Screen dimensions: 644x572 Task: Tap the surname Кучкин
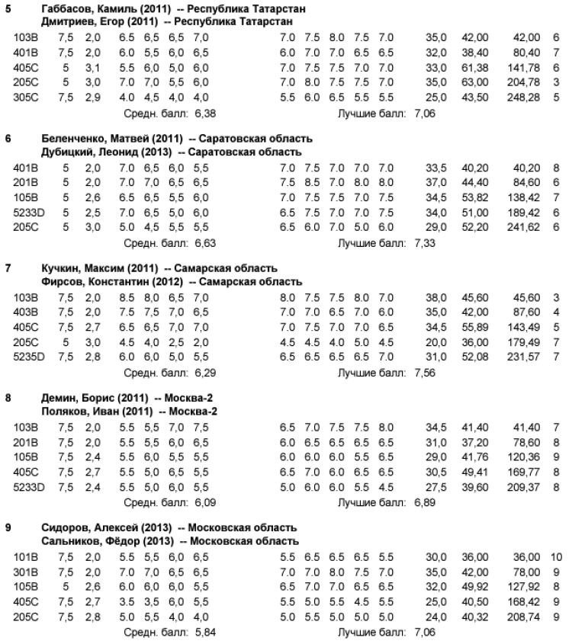tap(60, 268)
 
